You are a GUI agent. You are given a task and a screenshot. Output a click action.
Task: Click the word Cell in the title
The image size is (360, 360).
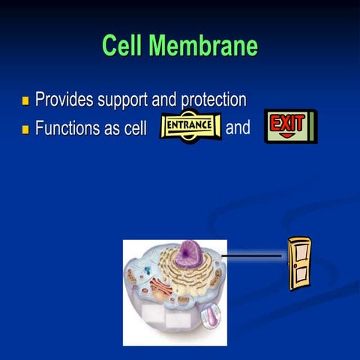pos(124,46)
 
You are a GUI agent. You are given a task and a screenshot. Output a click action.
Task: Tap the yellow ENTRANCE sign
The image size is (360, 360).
pos(190,127)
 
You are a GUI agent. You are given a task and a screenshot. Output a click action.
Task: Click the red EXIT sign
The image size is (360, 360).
pos(289,126)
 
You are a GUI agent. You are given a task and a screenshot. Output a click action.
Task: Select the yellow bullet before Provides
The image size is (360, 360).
pos(25,100)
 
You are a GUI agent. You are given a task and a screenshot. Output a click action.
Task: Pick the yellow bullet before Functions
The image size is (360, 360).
pos(25,128)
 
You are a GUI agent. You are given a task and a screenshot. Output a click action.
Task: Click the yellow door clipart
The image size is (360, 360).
pos(299,262)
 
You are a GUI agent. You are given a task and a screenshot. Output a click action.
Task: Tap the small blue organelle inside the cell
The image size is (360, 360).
pos(148,268)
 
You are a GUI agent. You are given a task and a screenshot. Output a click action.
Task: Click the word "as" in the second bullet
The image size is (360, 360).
pos(112,128)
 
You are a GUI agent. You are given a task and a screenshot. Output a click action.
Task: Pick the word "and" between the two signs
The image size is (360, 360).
pos(238,127)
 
